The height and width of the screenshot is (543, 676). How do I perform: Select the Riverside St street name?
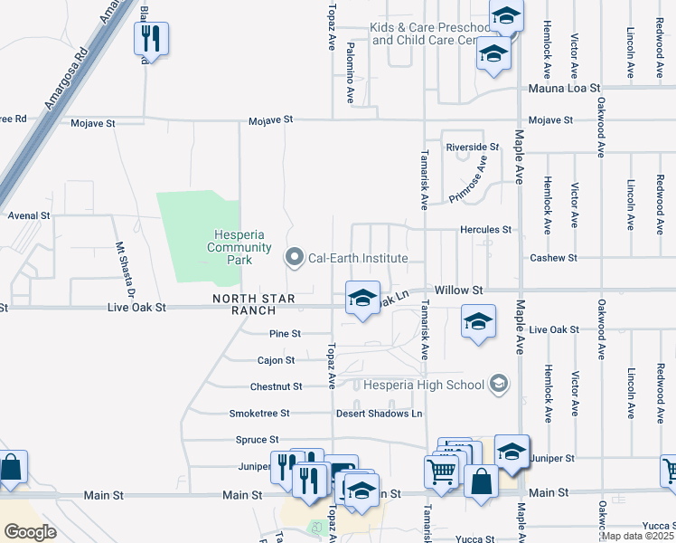click(472, 147)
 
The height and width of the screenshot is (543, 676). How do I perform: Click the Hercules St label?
click(486, 231)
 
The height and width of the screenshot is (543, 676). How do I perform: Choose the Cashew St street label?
click(553, 258)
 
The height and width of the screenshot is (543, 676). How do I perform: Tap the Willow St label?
click(459, 290)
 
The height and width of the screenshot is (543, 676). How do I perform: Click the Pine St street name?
click(285, 334)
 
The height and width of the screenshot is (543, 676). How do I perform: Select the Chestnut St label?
click(277, 386)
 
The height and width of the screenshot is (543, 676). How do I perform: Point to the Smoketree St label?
click(259, 414)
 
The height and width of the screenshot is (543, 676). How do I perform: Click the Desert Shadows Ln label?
click(380, 414)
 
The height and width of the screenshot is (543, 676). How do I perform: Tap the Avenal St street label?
click(28, 216)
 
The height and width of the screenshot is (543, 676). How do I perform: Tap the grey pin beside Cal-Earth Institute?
click(294, 258)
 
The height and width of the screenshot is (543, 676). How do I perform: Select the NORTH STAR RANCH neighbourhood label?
click(241, 304)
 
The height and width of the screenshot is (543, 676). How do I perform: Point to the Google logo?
click(31, 532)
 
